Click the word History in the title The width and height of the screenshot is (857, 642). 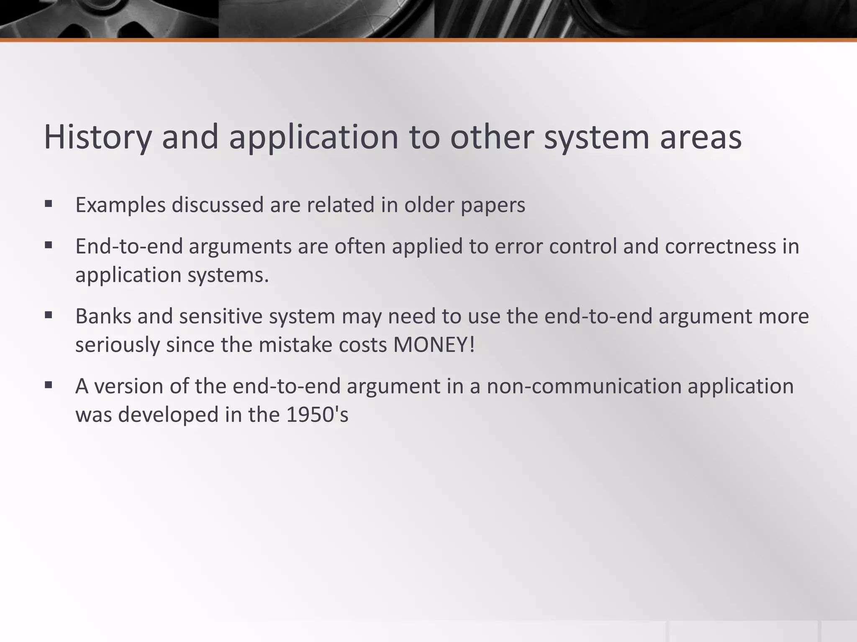tap(97, 137)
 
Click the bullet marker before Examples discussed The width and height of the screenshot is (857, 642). tap(49, 204)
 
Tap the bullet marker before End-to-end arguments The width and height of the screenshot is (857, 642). tap(49, 246)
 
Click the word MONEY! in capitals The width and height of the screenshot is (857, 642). tap(434, 345)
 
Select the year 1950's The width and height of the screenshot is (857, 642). tap(317, 415)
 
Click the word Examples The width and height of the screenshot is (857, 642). tap(121, 205)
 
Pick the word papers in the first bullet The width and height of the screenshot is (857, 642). tap(493, 205)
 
